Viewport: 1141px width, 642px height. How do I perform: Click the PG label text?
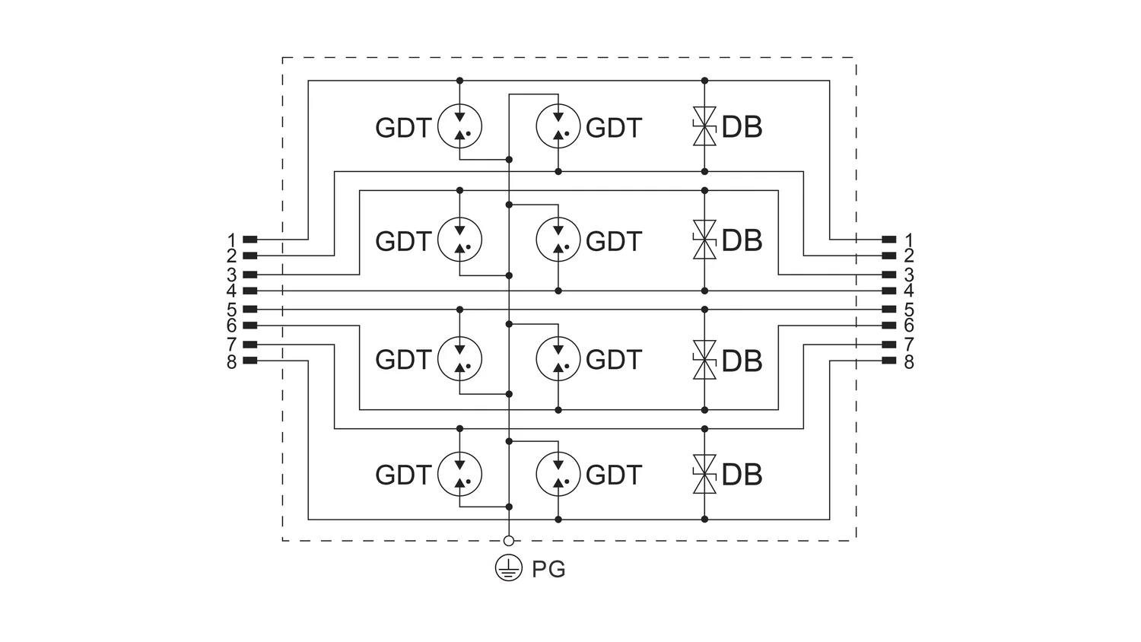tap(548, 569)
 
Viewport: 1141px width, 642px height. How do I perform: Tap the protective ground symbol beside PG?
tap(508, 568)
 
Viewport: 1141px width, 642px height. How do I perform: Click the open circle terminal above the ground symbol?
tap(508, 541)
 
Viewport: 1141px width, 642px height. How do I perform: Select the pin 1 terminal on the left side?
tap(249, 239)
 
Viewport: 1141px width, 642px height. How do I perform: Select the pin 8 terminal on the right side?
tap(889, 361)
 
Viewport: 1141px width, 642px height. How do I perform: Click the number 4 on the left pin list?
tap(232, 291)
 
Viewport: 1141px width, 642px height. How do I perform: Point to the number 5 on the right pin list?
tap(909, 310)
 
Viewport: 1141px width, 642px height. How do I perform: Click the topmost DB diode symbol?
tap(704, 126)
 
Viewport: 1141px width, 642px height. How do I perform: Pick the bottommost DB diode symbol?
tap(704, 474)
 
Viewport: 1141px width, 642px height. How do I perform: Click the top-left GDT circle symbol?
tap(459, 126)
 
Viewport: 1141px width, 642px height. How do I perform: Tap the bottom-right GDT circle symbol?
tap(558, 474)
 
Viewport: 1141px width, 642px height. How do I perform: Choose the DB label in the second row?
tap(742, 240)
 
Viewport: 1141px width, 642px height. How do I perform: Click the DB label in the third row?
tap(742, 361)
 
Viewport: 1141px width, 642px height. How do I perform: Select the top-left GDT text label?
tap(403, 127)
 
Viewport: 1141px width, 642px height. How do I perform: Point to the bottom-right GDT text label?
tap(613, 475)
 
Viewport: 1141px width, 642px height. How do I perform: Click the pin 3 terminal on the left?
tap(249, 275)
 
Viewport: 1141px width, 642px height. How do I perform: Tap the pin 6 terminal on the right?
tap(889, 325)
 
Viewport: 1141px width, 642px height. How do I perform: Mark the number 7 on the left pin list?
tap(232, 344)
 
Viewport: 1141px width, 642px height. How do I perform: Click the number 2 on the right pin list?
tap(909, 256)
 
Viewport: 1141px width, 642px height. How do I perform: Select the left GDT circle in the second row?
tap(459, 240)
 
